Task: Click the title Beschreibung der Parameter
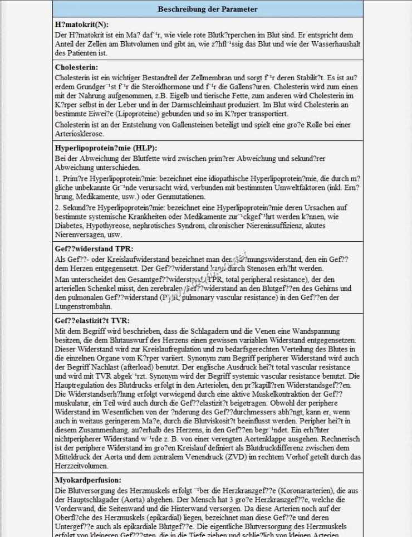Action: pos(208,9)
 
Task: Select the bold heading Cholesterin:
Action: pos(77,67)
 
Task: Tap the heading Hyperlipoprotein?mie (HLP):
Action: pos(106,148)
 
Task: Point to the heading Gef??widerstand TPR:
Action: pos(94,249)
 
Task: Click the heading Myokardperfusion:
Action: pos(88,480)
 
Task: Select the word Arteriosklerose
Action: pos(79,134)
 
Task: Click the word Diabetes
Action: pos(68,227)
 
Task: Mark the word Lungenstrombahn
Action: pos(82,306)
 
